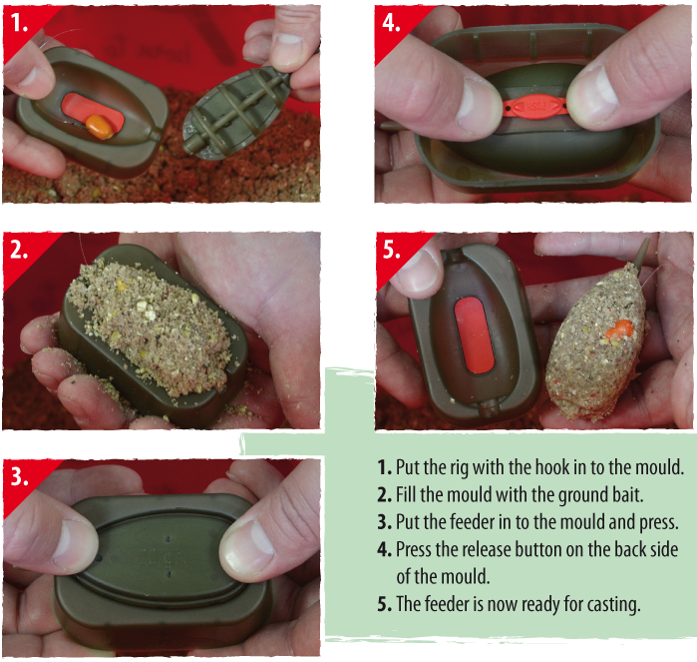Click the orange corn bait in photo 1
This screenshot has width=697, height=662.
(x=100, y=127)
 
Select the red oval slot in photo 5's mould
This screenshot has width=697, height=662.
(x=475, y=334)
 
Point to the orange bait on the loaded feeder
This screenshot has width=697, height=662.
(x=619, y=329)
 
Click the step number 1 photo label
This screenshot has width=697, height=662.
(x=19, y=22)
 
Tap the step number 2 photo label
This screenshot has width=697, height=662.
(x=19, y=250)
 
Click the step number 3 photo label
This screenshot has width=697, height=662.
(x=19, y=476)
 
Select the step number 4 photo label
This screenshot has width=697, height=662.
(x=391, y=22)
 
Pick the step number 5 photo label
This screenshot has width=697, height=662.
(x=391, y=250)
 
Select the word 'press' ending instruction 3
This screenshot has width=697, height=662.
(x=658, y=522)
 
